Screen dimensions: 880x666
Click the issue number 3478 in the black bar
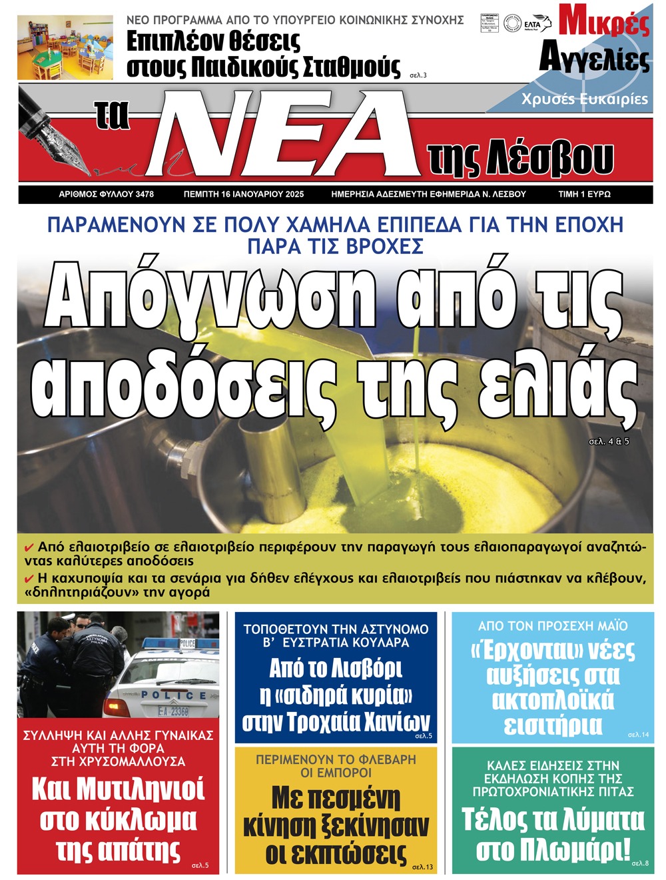point(145,194)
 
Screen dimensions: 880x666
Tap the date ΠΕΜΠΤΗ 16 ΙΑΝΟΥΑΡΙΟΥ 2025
point(244,194)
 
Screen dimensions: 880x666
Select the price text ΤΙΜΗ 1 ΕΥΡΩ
point(584,194)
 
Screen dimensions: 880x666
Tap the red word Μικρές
point(603,22)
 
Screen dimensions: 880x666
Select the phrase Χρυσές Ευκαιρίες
point(584,99)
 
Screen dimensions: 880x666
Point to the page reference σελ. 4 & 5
point(609,441)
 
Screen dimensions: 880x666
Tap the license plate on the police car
point(173,711)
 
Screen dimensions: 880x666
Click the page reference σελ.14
point(638,735)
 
